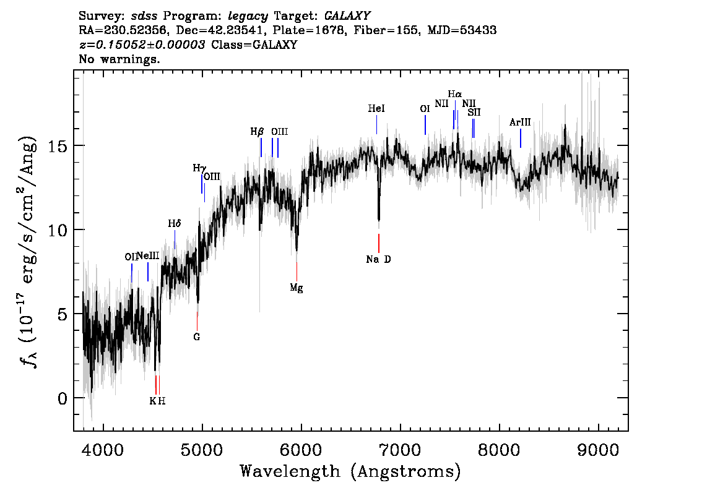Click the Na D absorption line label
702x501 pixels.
point(378,259)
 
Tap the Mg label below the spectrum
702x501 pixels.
point(297,288)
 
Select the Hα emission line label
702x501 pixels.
point(454,94)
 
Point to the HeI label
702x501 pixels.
point(376,109)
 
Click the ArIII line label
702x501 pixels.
point(520,122)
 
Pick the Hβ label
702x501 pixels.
point(257,132)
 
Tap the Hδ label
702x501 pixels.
point(174,223)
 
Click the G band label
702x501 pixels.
point(197,337)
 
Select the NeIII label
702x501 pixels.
point(148,255)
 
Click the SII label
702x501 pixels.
point(474,112)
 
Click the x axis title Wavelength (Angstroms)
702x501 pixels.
point(350,472)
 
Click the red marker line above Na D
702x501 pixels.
point(378,242)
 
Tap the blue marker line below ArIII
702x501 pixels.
point(520,138)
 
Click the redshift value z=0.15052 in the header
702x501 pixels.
point(142,45)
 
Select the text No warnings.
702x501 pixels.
point(119,59)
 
